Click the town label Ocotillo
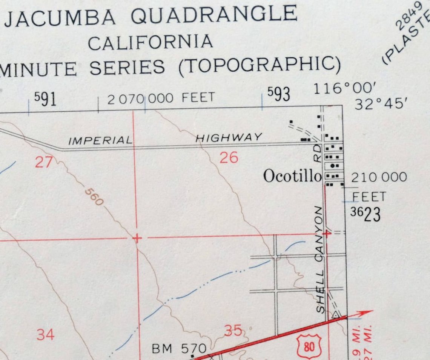coord(292,176)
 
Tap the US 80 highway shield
coord(309,346)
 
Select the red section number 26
coord(229,157)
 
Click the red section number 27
coord(44,162)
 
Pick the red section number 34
coord(45,334)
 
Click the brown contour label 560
coord(94,197)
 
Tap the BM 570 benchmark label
coord(179,349)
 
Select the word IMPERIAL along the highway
coord(101,141)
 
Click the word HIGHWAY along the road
coord(229,138)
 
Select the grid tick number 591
coord(45,99)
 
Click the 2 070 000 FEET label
coord(161,99)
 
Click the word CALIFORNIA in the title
coord(150,42)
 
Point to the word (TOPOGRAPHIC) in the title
coord(260,65)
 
